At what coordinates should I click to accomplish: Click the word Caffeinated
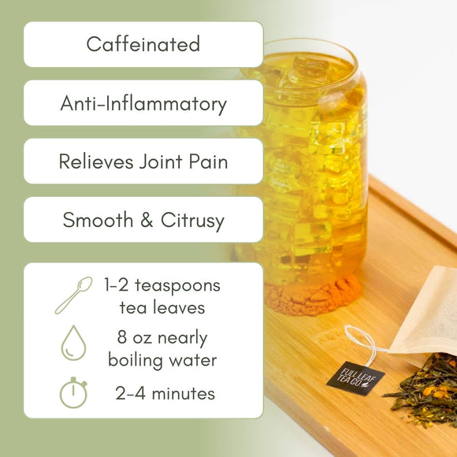[x=143, y=44]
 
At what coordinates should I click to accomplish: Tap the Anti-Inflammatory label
[x=143, y=103]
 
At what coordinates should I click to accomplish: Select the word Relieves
[x=98, y=162]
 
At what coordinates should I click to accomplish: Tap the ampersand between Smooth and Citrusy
[x=147, y=221]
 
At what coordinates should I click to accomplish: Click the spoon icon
[x=73, y=295]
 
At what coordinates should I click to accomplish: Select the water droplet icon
[x=73, y=344]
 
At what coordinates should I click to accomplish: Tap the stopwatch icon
[x=73, y=392]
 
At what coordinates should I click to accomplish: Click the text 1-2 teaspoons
[x=162, y=285]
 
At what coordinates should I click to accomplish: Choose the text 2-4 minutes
[x=163, y=392]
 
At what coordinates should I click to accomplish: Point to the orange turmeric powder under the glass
[x=315, y=296]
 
